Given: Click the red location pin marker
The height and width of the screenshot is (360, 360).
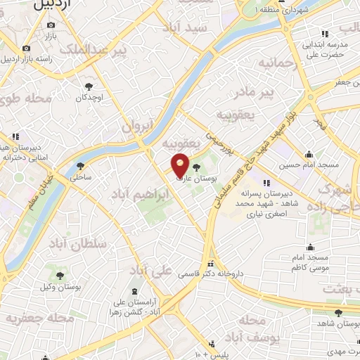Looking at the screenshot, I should point(181,165).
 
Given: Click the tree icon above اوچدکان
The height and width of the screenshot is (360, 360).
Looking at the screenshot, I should point(88,86).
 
